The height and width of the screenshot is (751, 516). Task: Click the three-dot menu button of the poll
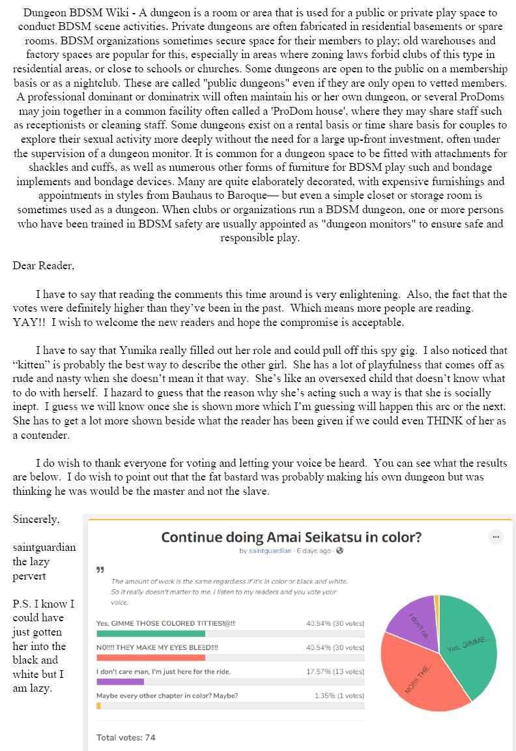coord(496,537)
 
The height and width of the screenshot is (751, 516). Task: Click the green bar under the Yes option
coord(150,634)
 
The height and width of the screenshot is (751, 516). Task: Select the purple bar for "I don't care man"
coord(120,681)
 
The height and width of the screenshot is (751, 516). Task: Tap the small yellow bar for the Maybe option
coord(98,705)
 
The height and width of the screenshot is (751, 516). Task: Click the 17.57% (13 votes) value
coord(335,671)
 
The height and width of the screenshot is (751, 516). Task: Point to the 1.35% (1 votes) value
coord(339,696)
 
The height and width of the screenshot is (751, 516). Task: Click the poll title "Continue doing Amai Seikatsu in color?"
coord(291,537)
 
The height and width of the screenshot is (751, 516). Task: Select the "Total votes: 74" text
coord(126,737)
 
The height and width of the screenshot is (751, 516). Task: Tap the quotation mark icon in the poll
coord(100,570)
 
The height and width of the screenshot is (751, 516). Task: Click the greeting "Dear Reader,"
coord(44,265)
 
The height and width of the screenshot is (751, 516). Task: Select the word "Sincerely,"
coord(36,519)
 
